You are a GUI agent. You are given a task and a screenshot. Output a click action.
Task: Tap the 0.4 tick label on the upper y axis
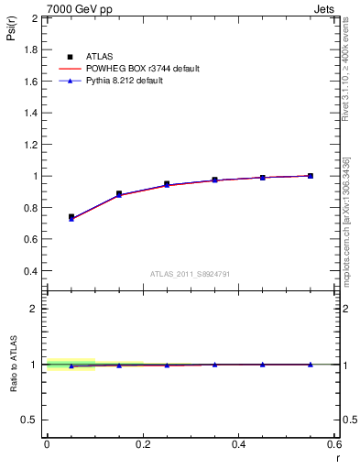tap(29, 271)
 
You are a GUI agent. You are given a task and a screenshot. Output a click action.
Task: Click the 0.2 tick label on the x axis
tap(142, 444)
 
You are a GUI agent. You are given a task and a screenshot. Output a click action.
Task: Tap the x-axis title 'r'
tap(336, 457)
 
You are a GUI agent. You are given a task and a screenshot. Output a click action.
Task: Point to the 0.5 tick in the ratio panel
tap(28, 420)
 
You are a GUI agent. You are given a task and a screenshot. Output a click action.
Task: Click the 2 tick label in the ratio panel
tap(34, 309)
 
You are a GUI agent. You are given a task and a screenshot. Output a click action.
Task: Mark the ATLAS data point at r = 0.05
tap(71, 217)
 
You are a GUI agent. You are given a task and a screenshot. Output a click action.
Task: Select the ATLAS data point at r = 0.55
tap(311, 176)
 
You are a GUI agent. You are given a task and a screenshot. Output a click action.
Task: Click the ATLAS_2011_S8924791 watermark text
tap(191, 273)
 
